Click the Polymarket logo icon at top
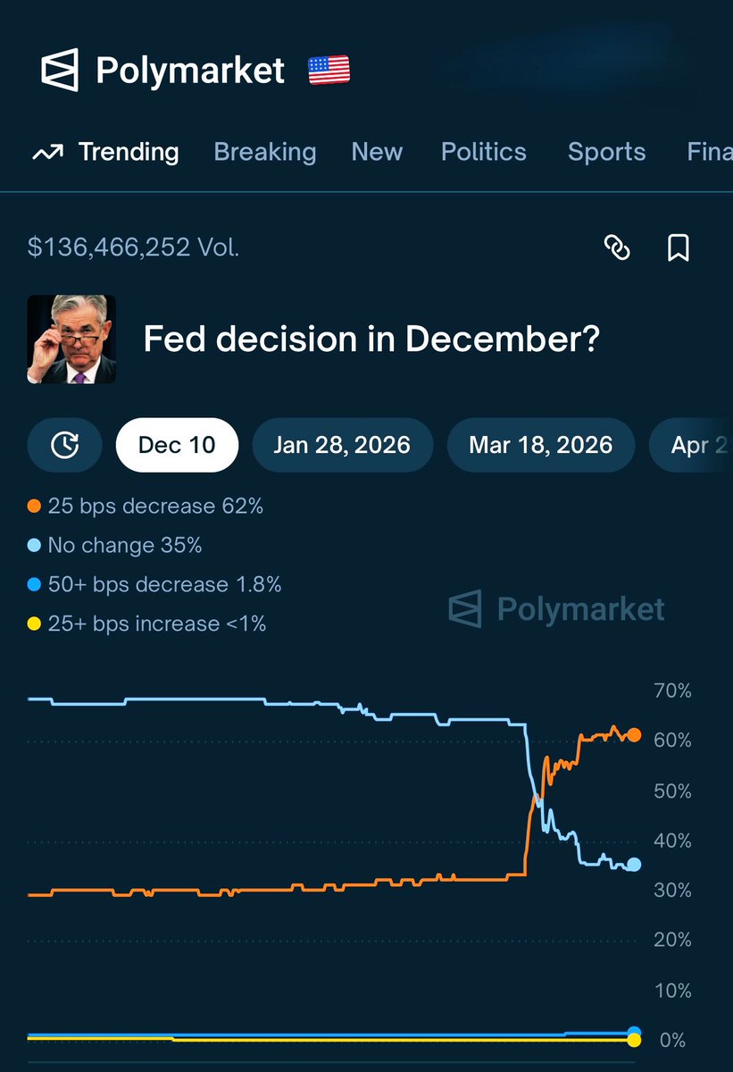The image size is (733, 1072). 60,71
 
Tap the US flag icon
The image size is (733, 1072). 329,70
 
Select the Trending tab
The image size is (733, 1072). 106,152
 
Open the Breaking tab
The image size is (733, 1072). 265,152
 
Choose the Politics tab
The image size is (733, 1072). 483,152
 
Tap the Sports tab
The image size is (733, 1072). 606,152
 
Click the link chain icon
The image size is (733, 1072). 617,247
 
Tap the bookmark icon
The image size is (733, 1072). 679,247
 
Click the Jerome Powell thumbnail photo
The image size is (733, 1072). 71,339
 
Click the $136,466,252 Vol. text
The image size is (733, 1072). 134,247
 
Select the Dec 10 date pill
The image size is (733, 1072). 177,445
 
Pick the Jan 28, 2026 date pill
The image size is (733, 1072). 342,445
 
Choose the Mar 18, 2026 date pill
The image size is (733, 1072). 540,445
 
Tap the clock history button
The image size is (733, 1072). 64,445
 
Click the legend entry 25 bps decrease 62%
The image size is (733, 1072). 146,507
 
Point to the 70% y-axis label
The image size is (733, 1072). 672,691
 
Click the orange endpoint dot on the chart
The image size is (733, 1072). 634,735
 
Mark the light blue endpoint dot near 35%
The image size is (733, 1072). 634,864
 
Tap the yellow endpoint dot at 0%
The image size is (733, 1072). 634,1040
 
